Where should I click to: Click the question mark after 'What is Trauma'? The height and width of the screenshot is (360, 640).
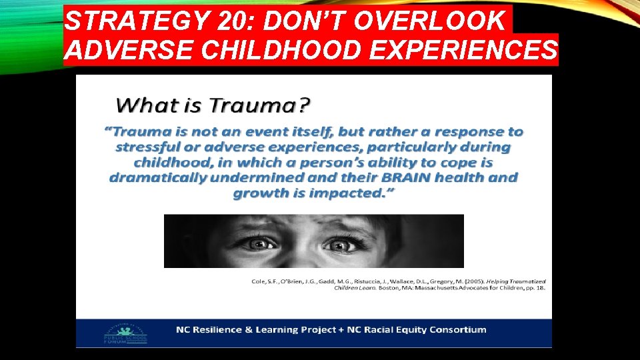tap(305, 105)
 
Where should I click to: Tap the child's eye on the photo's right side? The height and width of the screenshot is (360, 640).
tap(340, 245)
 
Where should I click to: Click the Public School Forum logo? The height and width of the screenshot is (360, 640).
tap(125, 334)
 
